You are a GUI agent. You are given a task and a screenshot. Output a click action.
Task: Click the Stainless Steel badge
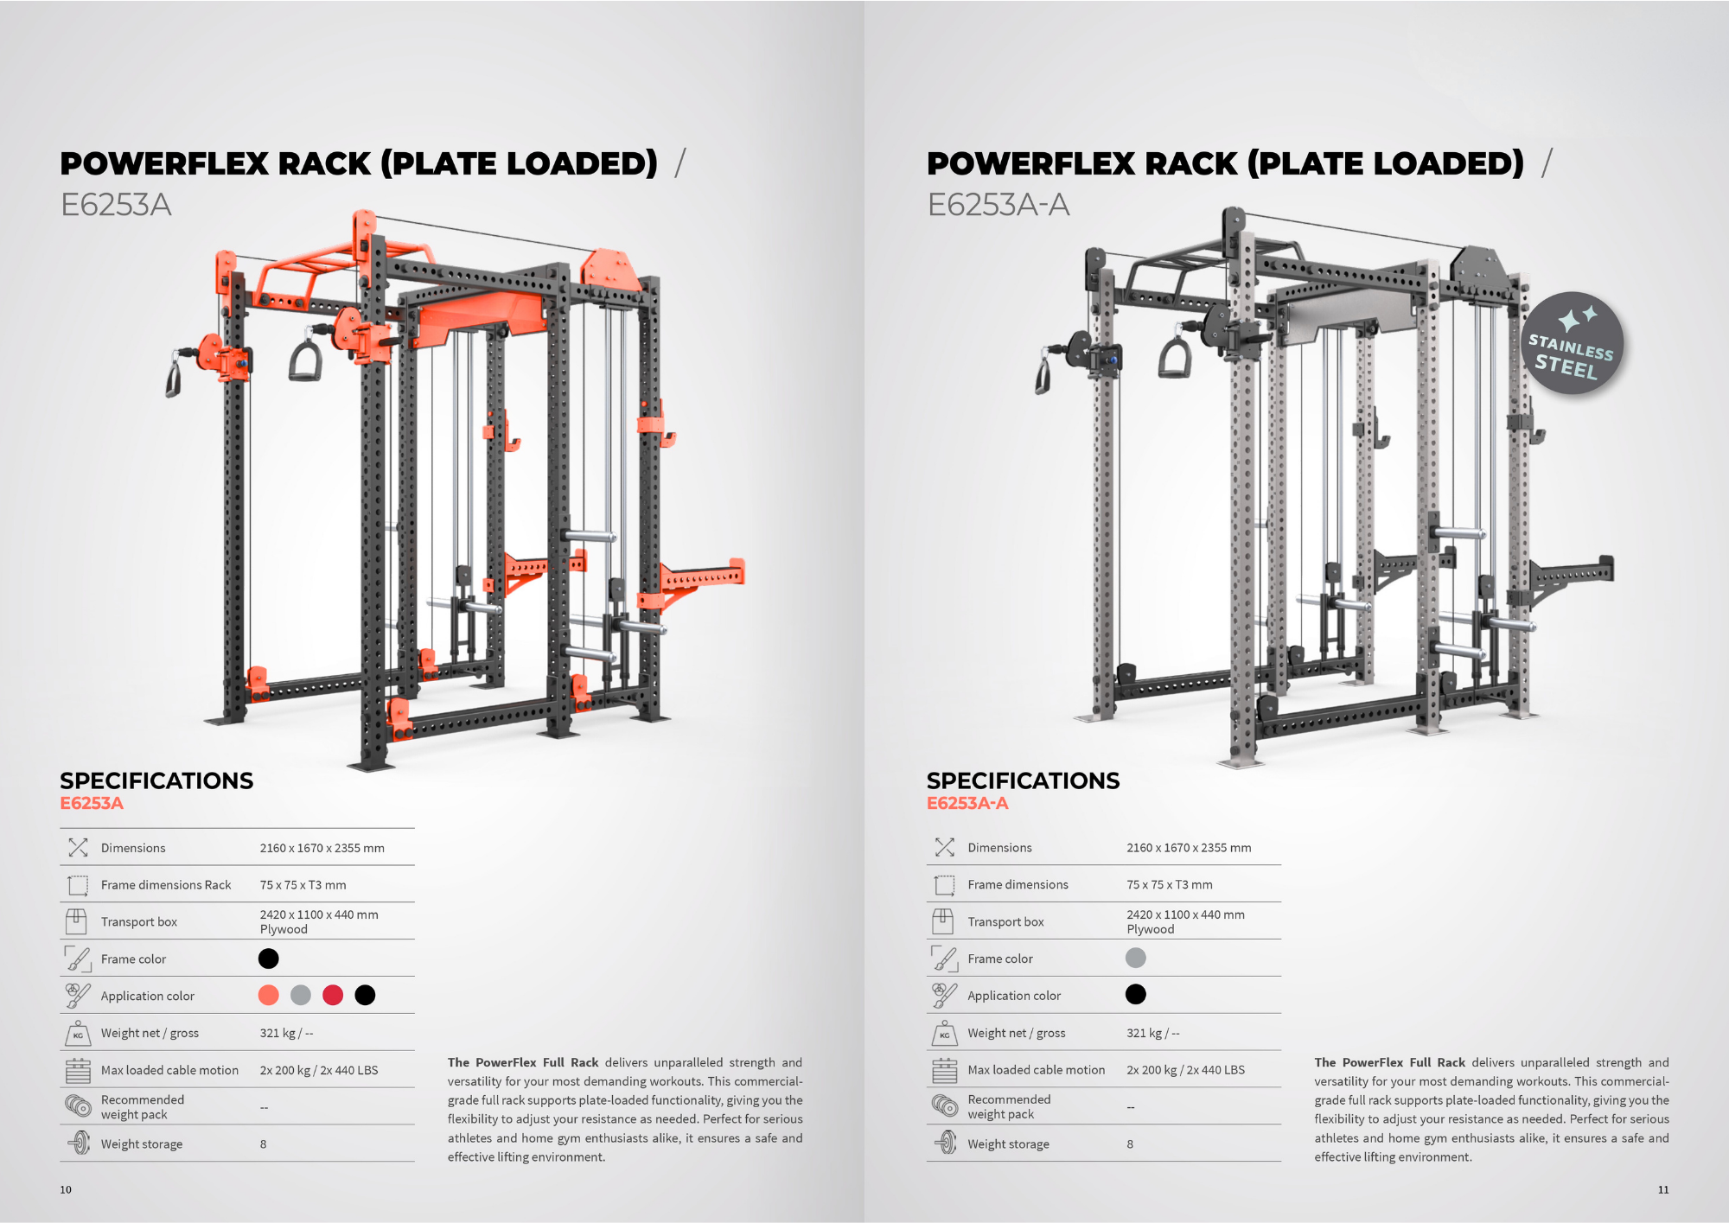pyautogui.click(x=1573, y=343)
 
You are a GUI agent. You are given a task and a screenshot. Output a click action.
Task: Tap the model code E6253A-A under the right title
pyautogui.click(x=998, y=205)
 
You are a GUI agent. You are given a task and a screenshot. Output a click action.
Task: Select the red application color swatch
pyautogui.click(x=333, y=995)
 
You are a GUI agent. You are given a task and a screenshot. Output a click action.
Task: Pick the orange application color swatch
pyautogui.click(x=269, y=995)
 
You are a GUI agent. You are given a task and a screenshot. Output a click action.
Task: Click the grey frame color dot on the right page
pyautogui.click(x=1136, y=958)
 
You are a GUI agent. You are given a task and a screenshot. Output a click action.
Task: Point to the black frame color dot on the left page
pyautogui.click(x=269, y=959)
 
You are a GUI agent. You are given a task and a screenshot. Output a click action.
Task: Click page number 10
pyautogui.click(x=66, y=1189)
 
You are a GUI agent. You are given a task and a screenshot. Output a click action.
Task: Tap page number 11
pyautogui.click(x=1663, y=1189)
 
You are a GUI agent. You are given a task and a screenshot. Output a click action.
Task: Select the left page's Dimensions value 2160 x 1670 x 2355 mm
pyautogui.click(x=322, y=848)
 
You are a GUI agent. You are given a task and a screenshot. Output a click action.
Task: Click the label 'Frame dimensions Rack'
pyautogui.click(x=166, y=885)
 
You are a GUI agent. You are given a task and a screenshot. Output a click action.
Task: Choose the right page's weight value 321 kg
pyautogui.click(x=1145, y=1033)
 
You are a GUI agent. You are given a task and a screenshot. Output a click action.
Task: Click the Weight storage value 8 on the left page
pyautogui.click(x=264, y=1144)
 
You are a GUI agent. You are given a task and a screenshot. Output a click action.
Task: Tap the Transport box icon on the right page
pyautogui.click(x=943, y=921)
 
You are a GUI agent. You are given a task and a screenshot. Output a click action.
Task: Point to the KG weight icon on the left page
pyautogui.click(x=78, y=1033)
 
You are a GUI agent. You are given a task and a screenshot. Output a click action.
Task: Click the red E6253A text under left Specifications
pyautogui.click(x=92, y=803)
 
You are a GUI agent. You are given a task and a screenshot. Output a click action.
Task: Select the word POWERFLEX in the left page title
pyautogui.click(x=164, y=163)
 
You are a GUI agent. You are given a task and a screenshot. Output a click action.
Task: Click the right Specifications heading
pyautogui.click(x=1023, y=780)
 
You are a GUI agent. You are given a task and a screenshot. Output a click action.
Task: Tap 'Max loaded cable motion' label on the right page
pyautogui.click(x=1037, y=1070)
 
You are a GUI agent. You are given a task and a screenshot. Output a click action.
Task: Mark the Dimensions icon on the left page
pyautogui.click(x=78, y=848)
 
